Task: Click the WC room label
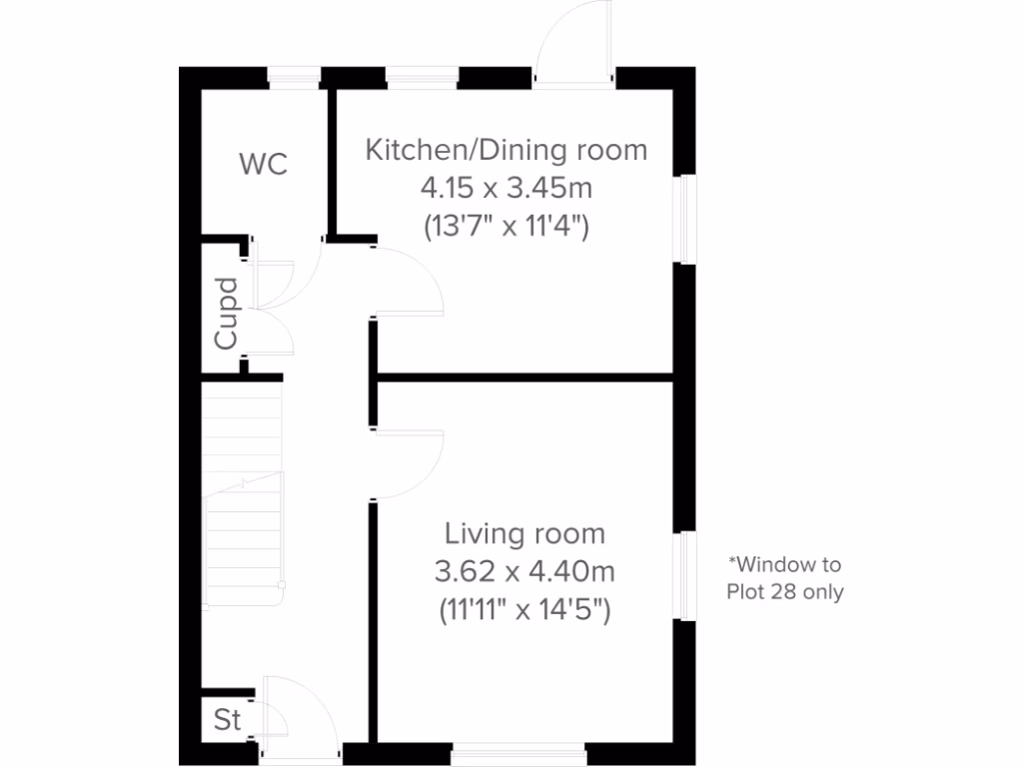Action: click(x=264, y=164)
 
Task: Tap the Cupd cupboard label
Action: click(x=228, y=313)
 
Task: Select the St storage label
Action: click(x=227, y=719)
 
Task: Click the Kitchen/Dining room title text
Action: click(x=506, y=150)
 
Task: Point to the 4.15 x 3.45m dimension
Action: click(x=506, y=188)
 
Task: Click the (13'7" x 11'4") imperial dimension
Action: click(x=506, y=226)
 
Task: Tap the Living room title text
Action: click(x=524, y=533)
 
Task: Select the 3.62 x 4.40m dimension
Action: click(x=524, y=571)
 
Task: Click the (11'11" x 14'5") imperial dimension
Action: click(x=524, y=609)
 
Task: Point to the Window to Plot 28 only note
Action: click(x=784, y=578)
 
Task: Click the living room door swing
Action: click(x=408, y=464)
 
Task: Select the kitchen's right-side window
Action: click(x=684, y=220)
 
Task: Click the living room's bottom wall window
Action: click(x=525, y=751)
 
